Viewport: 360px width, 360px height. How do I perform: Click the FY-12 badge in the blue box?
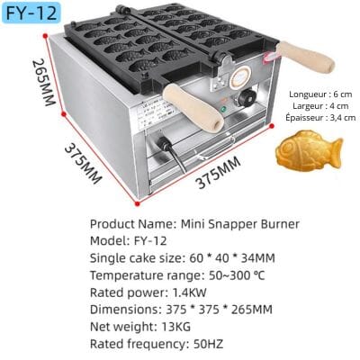(31, 13)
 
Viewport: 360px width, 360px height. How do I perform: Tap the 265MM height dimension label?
(44, 82)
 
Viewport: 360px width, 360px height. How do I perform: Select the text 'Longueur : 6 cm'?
(320, 94)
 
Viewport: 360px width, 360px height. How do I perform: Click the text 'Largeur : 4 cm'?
(320, 106)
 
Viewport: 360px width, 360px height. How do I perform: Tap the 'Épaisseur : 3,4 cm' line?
(320, 117)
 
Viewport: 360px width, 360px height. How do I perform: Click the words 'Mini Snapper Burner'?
(239, 224)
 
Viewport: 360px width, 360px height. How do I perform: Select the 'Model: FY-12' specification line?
(128, 241)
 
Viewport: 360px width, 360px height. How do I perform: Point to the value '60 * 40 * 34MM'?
(232, 258)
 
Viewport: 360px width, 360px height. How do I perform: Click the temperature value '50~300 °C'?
(237, 275)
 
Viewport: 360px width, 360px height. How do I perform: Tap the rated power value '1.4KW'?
(189, 292)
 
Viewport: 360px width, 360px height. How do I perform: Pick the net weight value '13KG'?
(175, 327)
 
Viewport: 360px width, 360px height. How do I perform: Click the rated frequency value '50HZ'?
(208, 344)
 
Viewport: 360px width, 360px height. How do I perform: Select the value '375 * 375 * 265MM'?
(219, 310)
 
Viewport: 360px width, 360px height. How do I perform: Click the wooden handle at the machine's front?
(193, 108)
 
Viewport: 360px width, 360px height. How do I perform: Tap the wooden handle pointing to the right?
(305, 57)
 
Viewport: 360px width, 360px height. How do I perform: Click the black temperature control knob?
(247, 98)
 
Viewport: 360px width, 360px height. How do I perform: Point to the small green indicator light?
(223, 109)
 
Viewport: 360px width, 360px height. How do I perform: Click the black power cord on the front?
(174, 153)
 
